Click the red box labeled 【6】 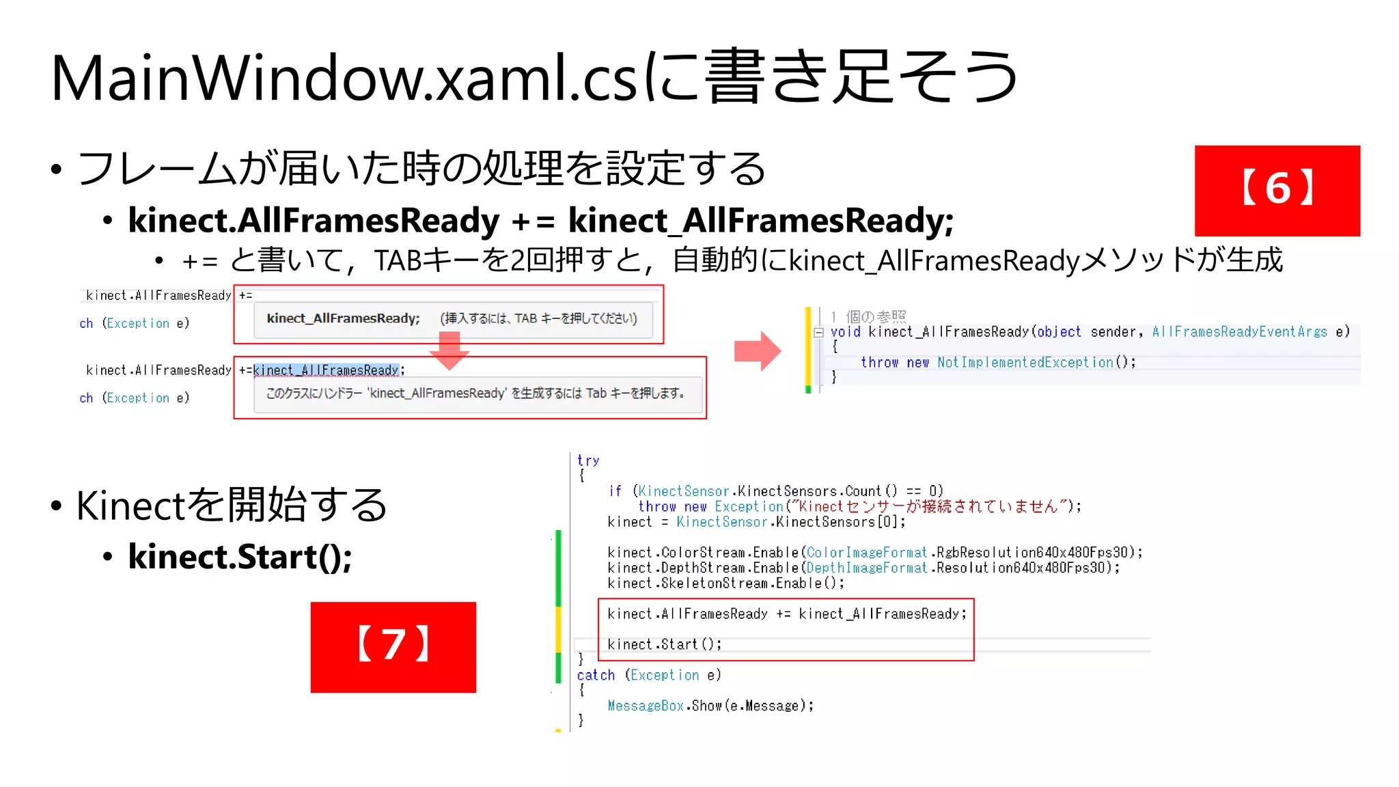point(1277,191)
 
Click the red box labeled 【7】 point(393,647)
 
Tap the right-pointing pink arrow point(758,351)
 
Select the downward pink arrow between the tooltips point(449,350)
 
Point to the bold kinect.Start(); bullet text point(240,557)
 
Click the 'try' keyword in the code point(587,460)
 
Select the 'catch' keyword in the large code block point(596,675)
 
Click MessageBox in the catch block point(646,706)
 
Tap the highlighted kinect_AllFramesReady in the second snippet point(326,370)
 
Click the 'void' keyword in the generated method point(845,332)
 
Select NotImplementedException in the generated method point(1025,362)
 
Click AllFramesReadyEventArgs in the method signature point(1239,332)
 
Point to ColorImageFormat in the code point(866,552)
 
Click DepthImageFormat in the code point(866,568)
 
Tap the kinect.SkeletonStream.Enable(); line point(725,583)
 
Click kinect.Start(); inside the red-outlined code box point(664,644)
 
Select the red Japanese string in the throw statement point(928,506)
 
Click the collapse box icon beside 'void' point(818,333)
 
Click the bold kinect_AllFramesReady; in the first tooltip point(343,318)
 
